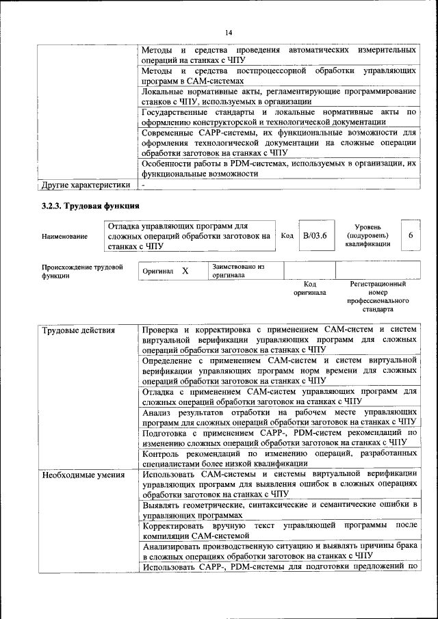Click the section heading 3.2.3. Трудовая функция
coord(90,205)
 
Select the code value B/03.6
coord(315,235)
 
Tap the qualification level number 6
coord(411,235)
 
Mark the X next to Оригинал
coord(185,272)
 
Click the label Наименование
coord(64,237)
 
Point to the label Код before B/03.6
coord(287,235)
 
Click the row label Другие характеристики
coord(86,185)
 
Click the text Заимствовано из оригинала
coord(237,271)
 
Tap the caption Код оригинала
coord(310,288)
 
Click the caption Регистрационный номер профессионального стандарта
coord(378,296)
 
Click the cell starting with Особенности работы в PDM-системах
coord(279,169)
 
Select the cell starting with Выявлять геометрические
coord(279,510)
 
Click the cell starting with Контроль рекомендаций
coord(279,458)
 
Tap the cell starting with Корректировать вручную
coord(279,530)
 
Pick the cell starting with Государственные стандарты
coord(279,117)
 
